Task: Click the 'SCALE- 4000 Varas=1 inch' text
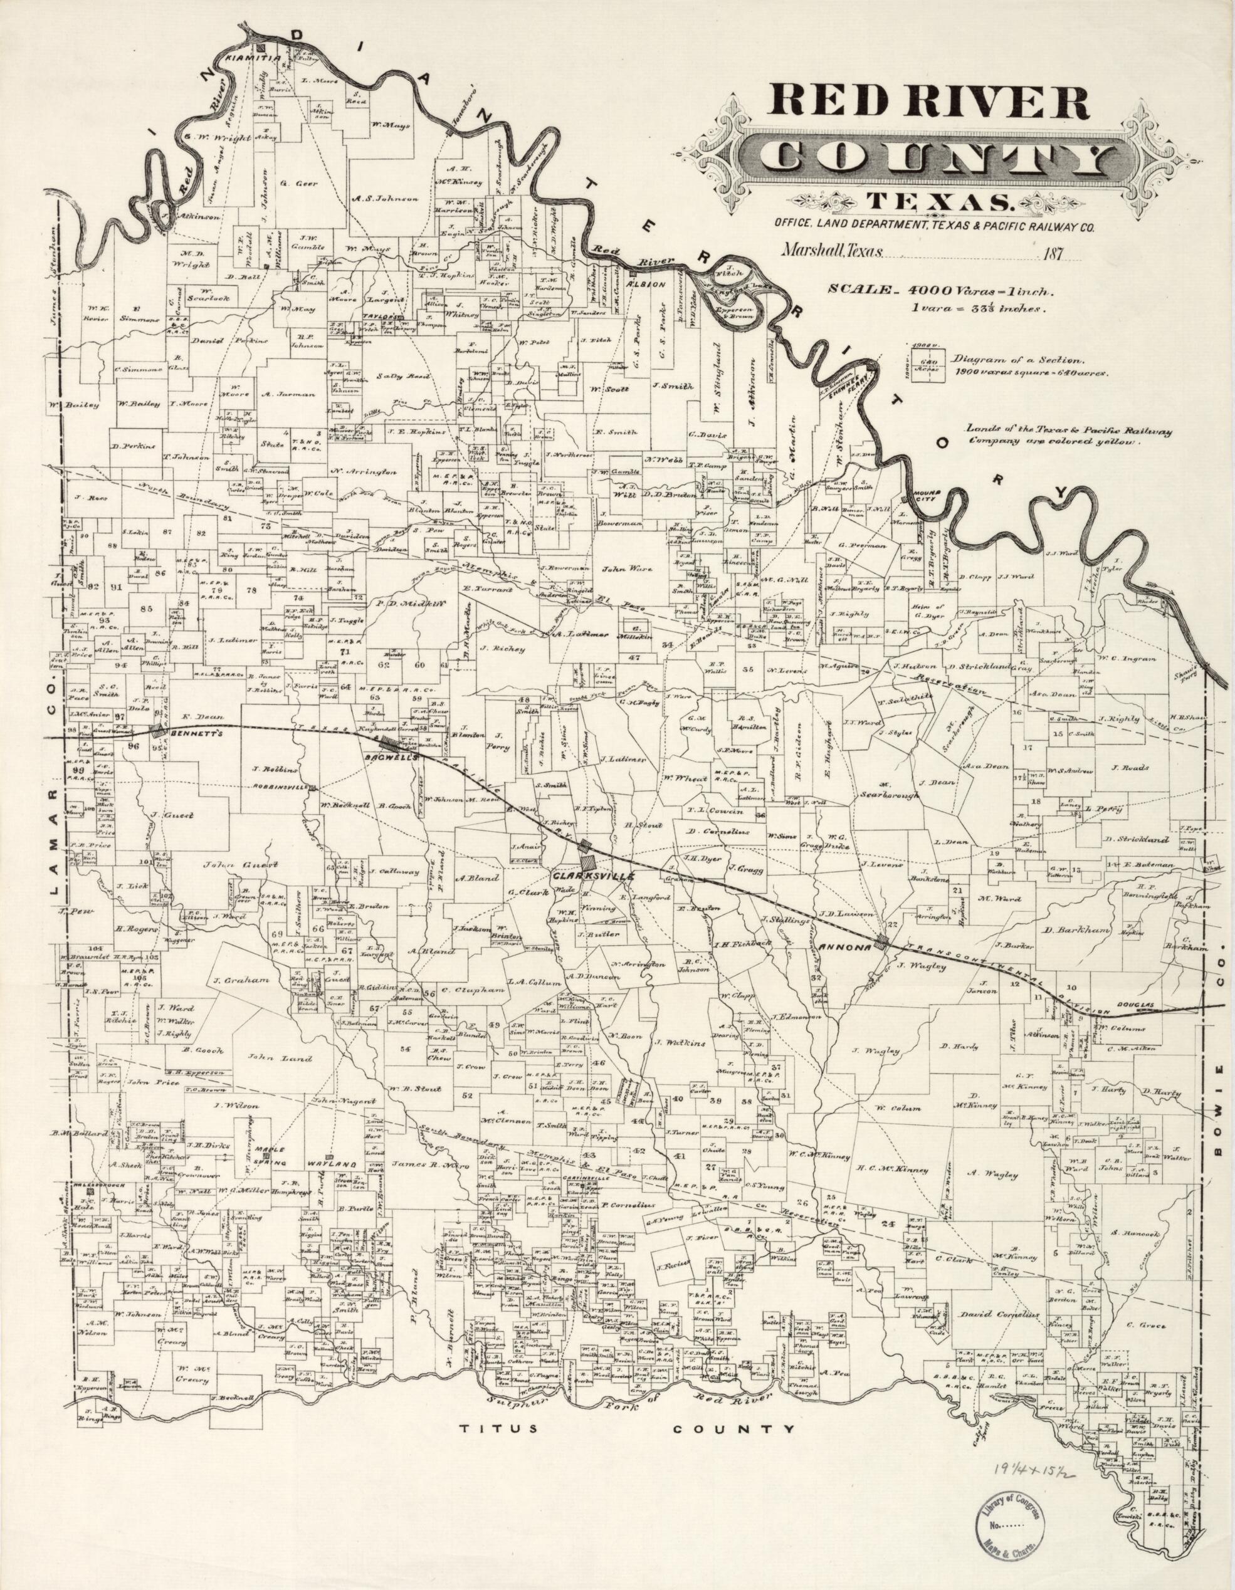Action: [x=937, y=290]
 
